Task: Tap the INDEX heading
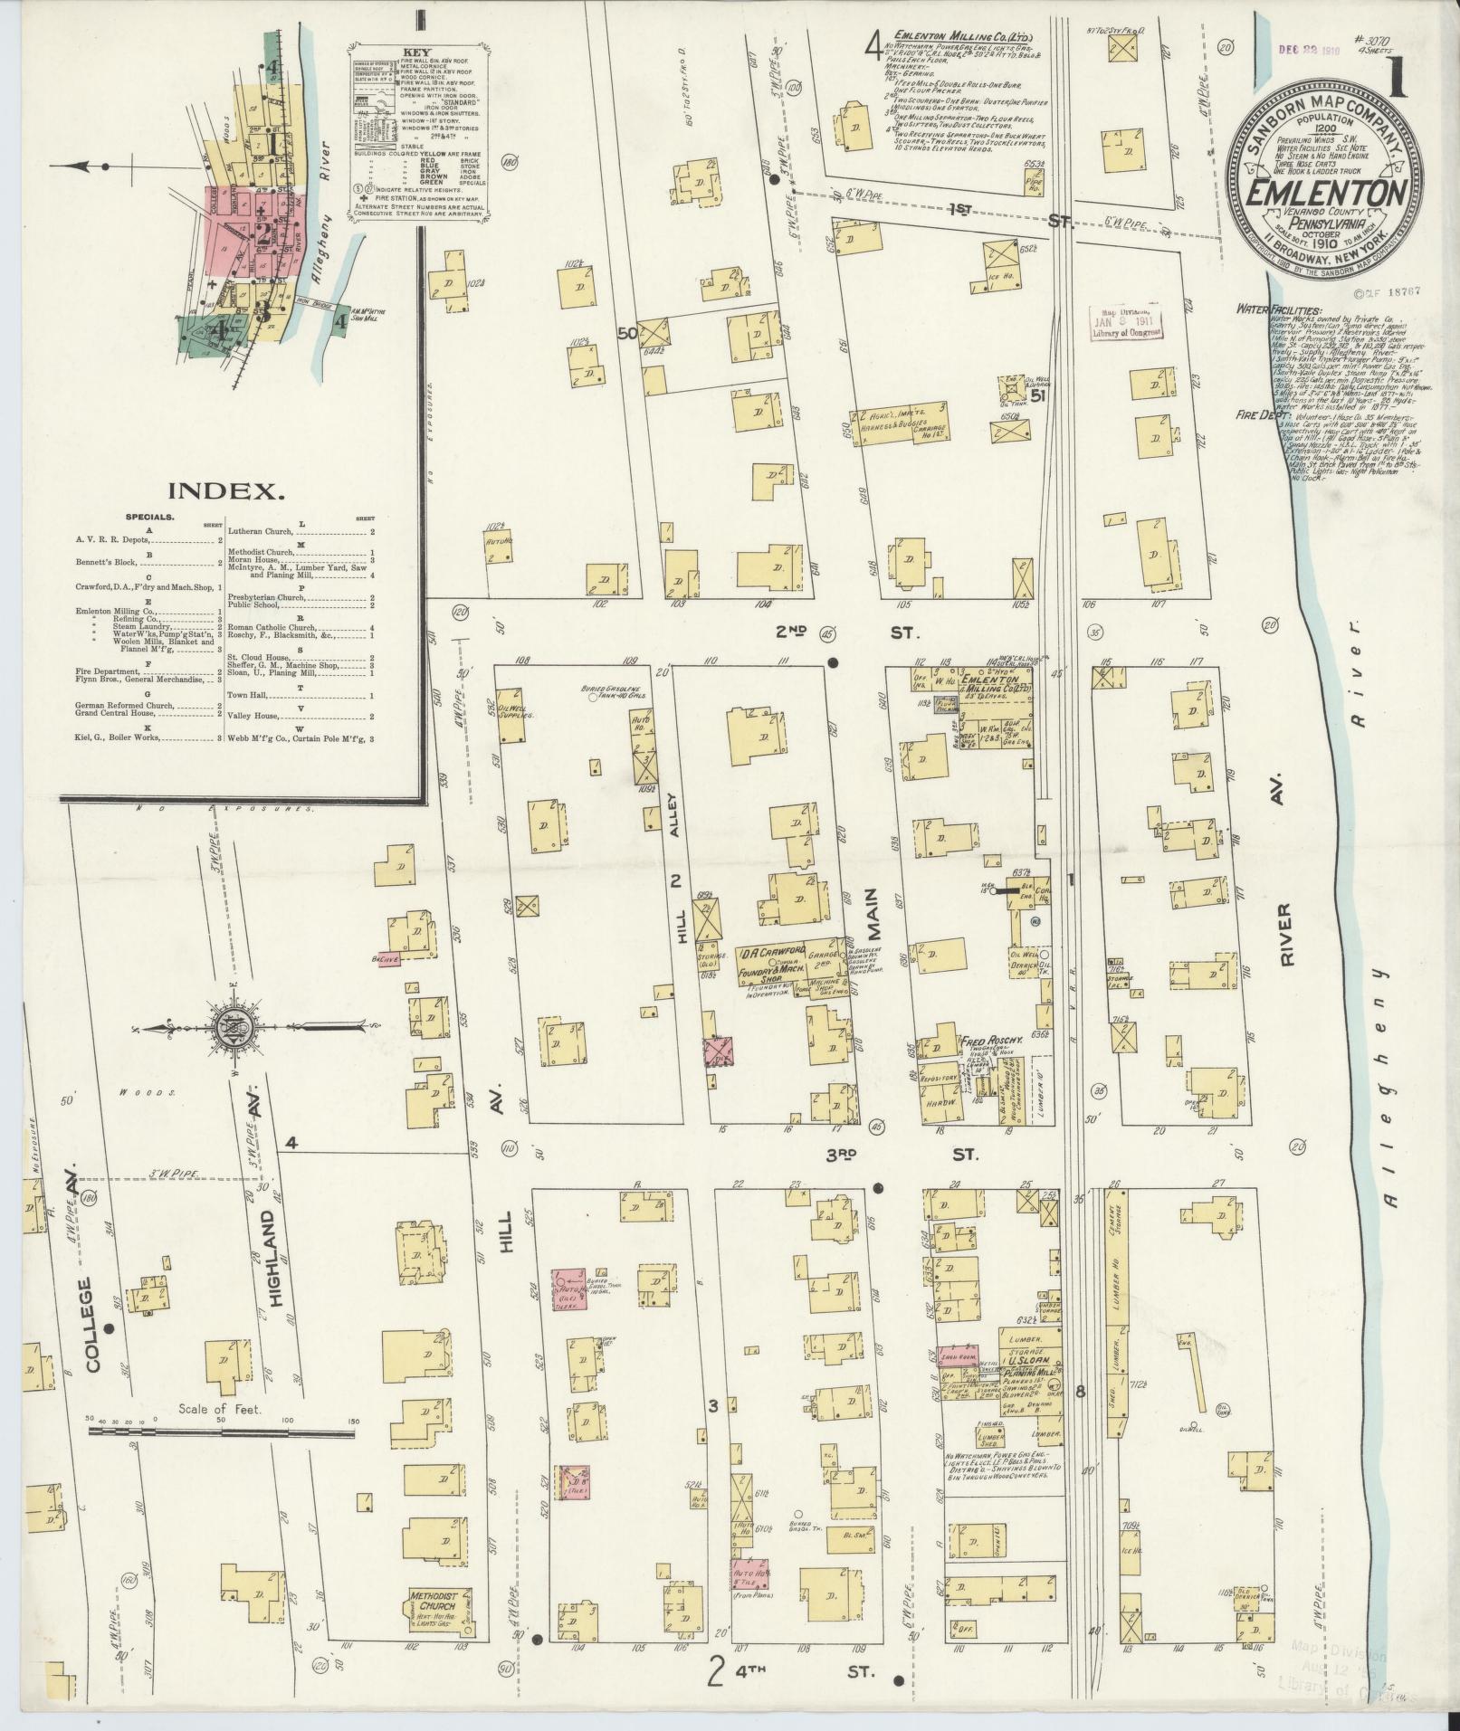tap(226, 491)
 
